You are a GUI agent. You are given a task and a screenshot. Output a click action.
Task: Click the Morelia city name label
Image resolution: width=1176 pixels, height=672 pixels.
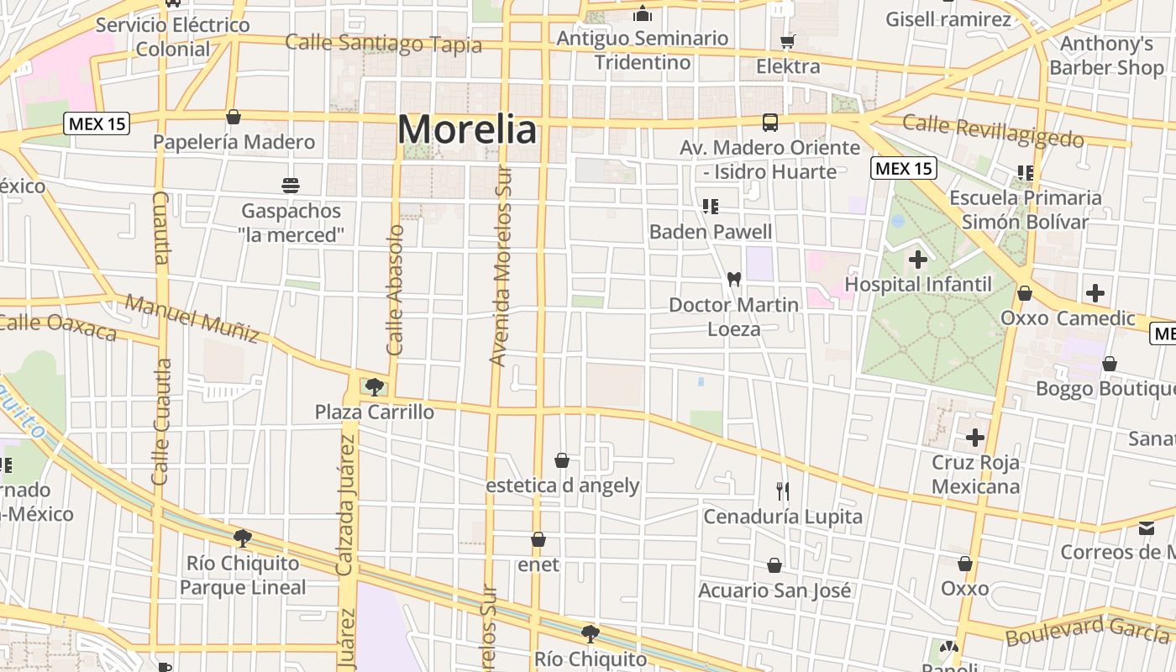tap(466, 130)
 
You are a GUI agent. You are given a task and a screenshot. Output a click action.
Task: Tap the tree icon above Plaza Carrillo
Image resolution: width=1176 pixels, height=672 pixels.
tap(375, 386)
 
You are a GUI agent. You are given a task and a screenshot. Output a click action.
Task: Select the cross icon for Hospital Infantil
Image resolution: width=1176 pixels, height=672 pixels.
tap(918, 259)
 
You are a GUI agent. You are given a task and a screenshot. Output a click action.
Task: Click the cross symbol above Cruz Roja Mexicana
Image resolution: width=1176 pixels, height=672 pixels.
tap(974, 437)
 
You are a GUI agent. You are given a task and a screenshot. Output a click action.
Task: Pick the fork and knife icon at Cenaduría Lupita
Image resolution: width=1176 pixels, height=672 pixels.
tap(783, 491)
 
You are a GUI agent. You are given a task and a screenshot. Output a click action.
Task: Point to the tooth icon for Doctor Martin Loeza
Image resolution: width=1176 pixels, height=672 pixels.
tap(733, 279)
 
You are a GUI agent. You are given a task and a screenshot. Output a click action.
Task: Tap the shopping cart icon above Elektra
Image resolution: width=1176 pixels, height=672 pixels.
tap(787, 41)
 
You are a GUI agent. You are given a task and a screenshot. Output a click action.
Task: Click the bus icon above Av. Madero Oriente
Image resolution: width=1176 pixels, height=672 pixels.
tap(769, 123)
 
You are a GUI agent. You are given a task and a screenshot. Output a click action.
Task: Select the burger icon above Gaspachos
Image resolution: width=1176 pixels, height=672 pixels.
tap(291, 185)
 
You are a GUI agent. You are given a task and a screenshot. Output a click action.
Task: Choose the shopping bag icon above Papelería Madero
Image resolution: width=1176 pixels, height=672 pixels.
tap(234, 117)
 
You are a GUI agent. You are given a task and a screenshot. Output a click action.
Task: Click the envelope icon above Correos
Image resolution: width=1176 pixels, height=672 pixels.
tap(1147, 528)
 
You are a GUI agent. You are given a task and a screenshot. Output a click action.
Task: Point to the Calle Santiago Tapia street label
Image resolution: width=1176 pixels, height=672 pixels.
tap(383, 43)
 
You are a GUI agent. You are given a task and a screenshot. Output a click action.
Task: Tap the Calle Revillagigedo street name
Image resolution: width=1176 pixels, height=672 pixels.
tap(993, 130)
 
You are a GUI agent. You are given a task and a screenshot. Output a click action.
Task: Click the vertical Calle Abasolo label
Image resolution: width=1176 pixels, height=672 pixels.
tap(396, 289)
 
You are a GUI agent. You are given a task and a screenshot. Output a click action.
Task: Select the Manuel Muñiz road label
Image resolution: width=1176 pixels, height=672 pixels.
tap(192, 318)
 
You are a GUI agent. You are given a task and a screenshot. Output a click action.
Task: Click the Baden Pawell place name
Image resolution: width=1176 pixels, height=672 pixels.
tap(711, 231)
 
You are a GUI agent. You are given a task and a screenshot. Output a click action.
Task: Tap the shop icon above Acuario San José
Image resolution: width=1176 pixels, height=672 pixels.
tap(774, 566)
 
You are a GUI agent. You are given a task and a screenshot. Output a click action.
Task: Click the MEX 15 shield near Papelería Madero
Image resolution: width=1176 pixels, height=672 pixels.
tap(97, 124)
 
